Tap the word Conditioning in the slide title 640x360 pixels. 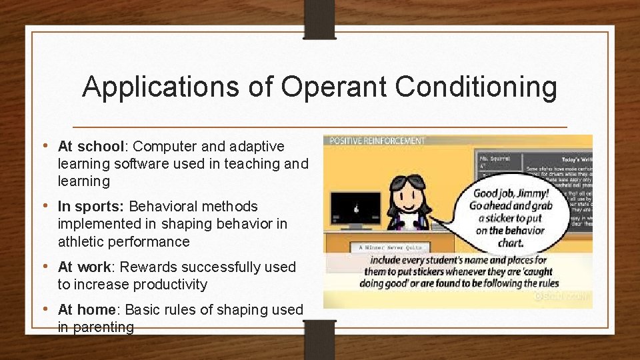[475, 87]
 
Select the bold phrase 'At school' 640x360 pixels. [91, 146]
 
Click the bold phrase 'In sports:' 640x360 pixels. [91, 207]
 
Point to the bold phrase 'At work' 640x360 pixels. [84, 267]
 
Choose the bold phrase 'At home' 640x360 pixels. [87, 309]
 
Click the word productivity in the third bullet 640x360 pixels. [170, 285]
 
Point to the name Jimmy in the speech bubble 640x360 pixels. [533, 193]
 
